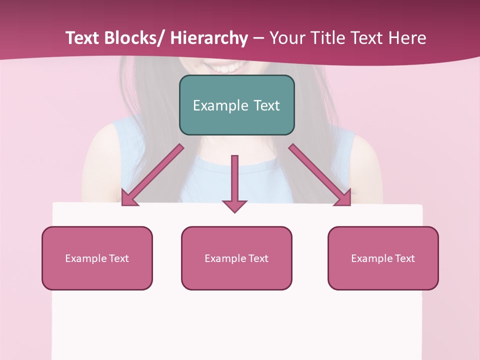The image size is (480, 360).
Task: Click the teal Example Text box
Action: click(236, 105)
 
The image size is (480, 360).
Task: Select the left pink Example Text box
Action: click(97, 258)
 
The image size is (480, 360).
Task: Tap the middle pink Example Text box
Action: click(236, 258)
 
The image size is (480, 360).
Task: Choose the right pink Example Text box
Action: click(383, 258)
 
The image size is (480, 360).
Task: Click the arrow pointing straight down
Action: click(234, 180)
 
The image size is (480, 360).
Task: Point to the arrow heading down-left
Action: click(152, 175)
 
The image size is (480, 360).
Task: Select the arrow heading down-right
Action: click(320, 175)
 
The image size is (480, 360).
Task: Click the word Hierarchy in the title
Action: click(209, 38)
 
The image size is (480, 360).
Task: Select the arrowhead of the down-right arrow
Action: click(344, 198)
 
